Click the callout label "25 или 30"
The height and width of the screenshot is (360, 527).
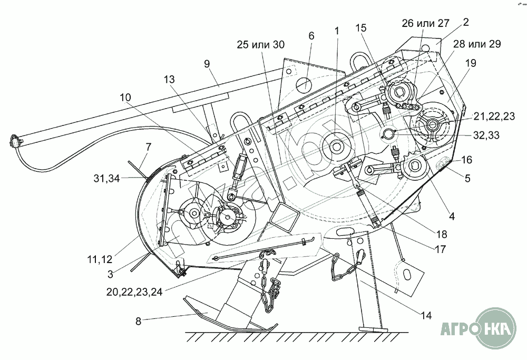click(x=261, y=45)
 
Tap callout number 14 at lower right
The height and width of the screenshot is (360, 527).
click(x=426, y=316)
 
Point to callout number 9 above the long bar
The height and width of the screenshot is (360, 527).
click(x=207, y=63)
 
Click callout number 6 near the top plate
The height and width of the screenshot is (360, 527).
click(x=311, y=36)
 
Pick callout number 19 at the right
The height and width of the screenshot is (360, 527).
click(x=471, y=63)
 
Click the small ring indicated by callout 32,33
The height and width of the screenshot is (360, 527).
click(x=389, y=134)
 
